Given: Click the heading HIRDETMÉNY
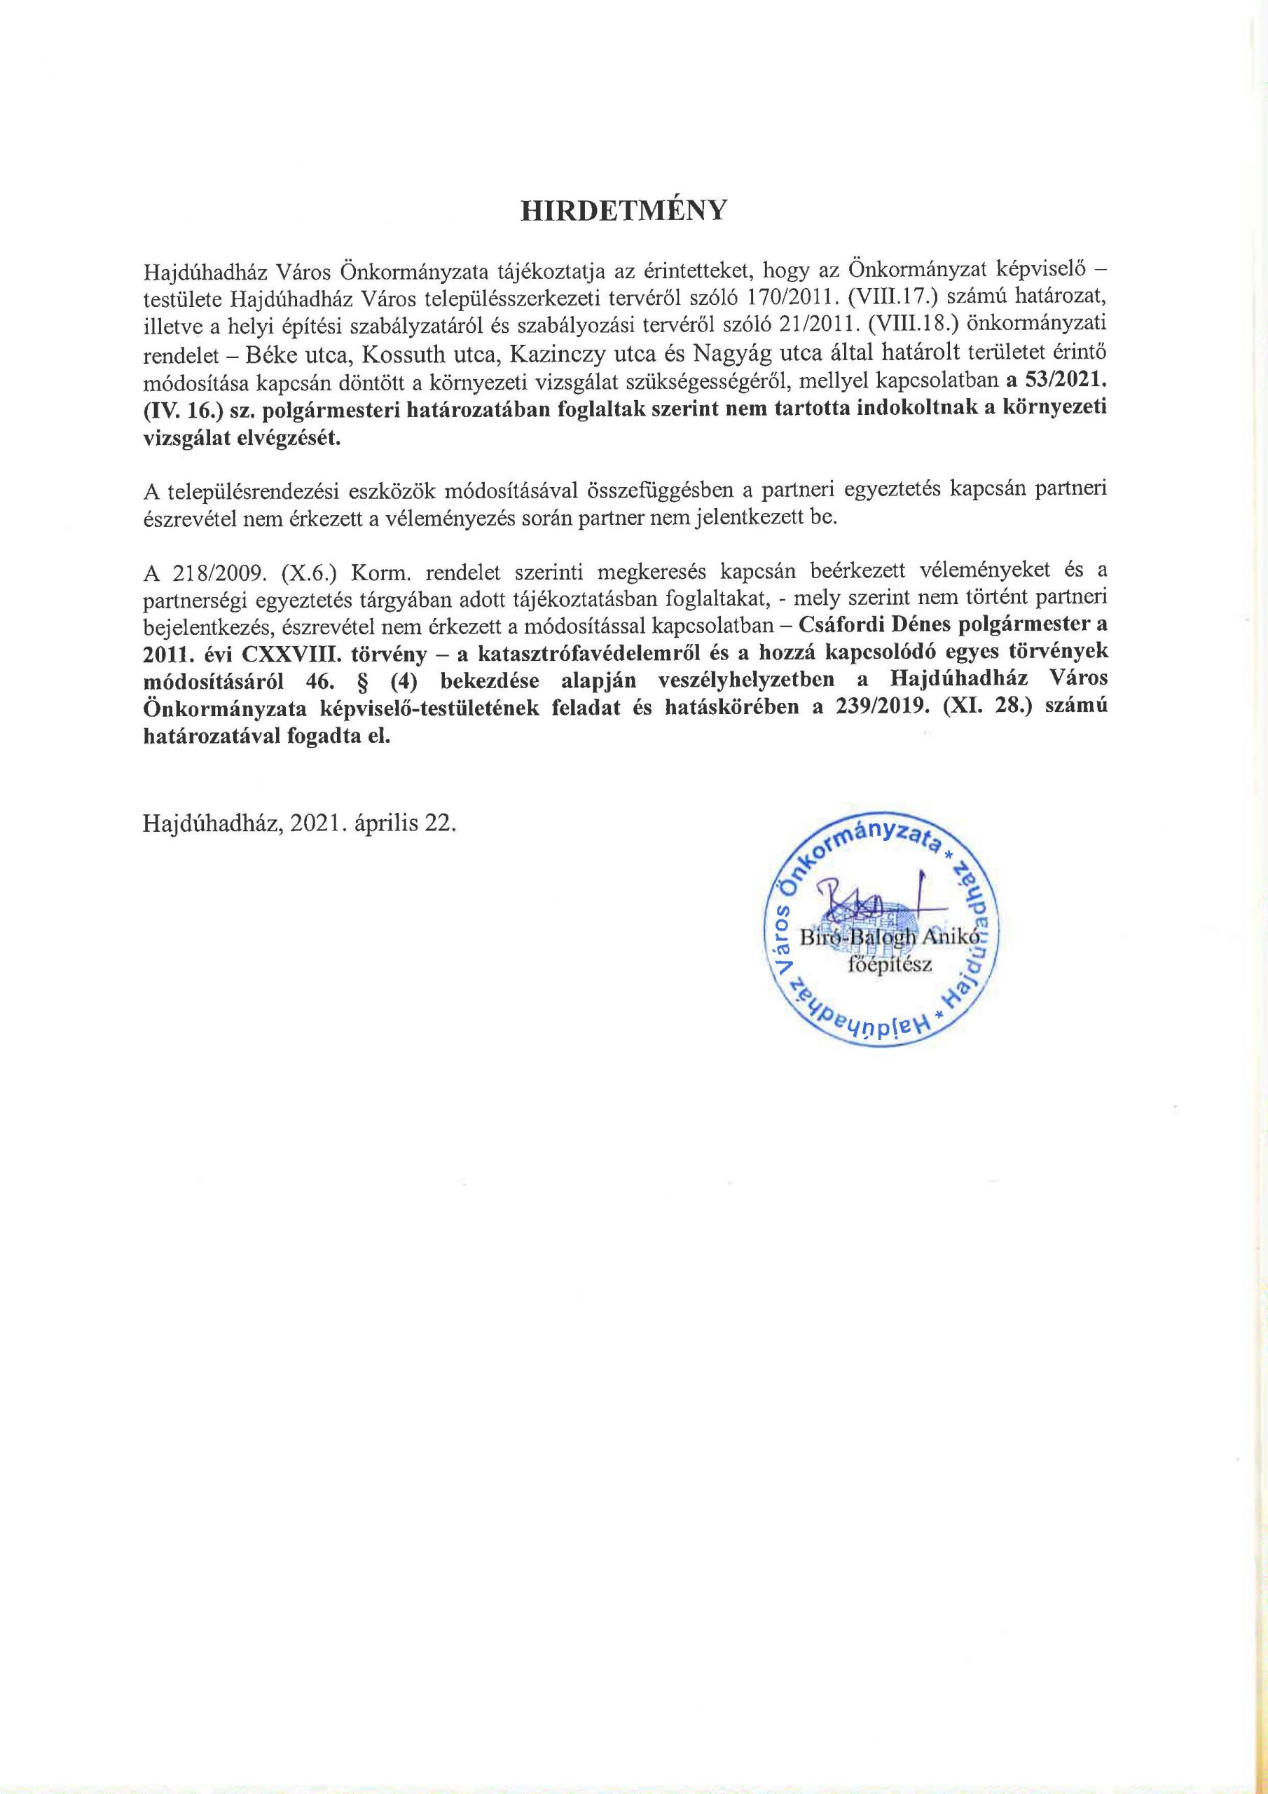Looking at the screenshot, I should pos(623,211).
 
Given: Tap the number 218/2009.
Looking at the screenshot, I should pos(211,571).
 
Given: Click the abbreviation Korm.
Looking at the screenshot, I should pos(378,571).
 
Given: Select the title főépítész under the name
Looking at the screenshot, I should pos(890,964).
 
